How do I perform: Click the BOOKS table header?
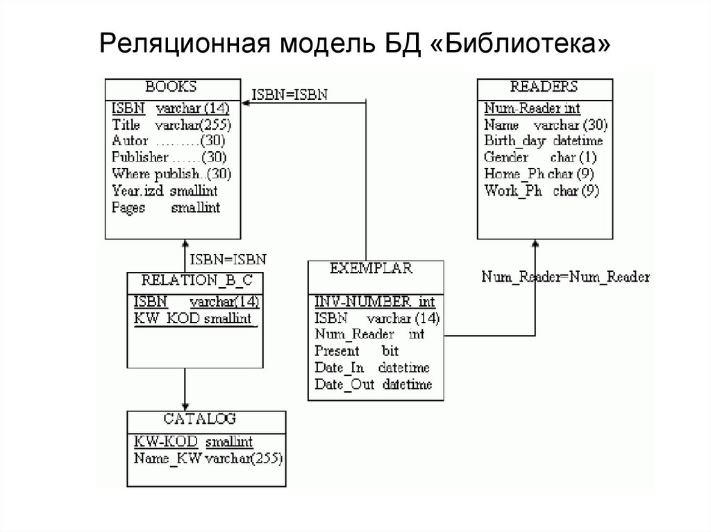171,87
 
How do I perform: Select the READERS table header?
544,87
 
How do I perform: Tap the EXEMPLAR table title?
371,268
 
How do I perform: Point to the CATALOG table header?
200,419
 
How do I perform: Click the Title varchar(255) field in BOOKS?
171,125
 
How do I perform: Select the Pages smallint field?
165,207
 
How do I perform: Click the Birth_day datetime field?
544,141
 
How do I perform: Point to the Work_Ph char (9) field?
542,191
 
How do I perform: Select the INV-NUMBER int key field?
375,302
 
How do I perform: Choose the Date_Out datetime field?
373,384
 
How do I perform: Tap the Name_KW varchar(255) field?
208,458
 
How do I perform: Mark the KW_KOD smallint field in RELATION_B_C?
195,318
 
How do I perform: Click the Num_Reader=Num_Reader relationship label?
565,277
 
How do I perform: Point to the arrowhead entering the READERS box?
535,243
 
